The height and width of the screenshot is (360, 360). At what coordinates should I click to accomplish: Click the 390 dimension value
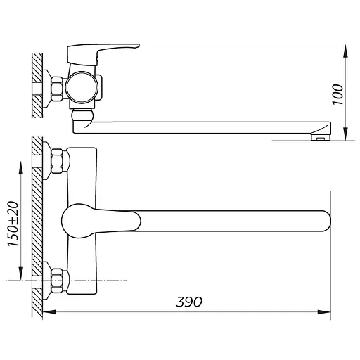coord(188,302)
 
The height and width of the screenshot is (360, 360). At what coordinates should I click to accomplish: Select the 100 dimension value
coord(337,94)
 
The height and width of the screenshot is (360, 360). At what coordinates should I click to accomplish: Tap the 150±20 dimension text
coord(13,224)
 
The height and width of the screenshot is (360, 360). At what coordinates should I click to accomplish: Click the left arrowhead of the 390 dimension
coord(49,311)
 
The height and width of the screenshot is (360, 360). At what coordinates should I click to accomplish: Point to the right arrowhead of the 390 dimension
coord(324,311)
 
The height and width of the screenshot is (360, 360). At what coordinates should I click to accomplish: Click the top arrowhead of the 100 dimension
coord(345,51)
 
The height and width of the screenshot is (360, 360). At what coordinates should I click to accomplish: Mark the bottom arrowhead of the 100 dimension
coord(345,134)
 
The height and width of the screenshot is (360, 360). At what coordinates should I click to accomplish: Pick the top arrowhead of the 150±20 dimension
coord(21,168)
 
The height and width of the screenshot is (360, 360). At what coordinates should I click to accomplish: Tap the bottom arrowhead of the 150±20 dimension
coord(21,274)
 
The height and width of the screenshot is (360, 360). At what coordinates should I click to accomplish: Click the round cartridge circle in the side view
coord(82,87)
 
